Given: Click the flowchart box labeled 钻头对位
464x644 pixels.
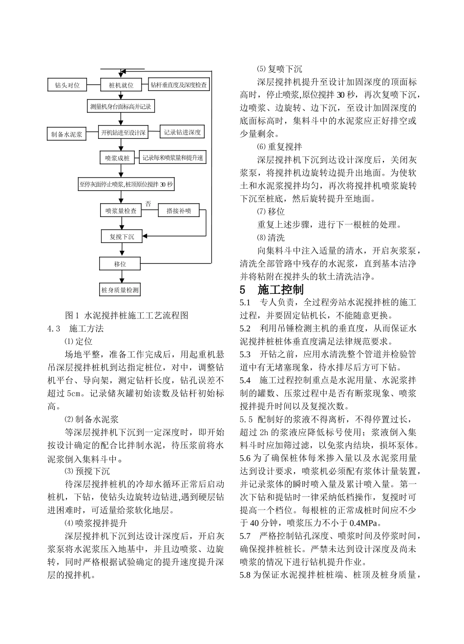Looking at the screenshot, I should [x=67, y=85].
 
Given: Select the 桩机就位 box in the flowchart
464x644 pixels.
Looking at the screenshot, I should [x=121, y=85].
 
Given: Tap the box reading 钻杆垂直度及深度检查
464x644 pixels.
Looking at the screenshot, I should [x=178, y=85].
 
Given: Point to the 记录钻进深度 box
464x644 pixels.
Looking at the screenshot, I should [x=182, y=132].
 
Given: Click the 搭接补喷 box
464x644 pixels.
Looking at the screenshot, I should [x=179, y=211].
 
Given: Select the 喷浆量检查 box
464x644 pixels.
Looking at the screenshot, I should [x=121, y=211].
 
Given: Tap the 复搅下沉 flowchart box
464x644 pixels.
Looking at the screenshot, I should [x=122, y=237].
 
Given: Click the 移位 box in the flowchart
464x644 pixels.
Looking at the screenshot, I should [x=120, y=264].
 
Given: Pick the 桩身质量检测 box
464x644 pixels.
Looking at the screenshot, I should [x=120, y=290].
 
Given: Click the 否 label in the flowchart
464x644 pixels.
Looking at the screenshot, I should [x=148, y=203].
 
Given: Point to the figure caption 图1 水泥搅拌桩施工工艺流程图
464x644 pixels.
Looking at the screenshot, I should [x=127, y=315].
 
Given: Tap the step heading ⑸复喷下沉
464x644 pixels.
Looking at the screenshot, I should [x=279, y=69].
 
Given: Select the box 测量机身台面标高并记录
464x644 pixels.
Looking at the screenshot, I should [x=121, y=107].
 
